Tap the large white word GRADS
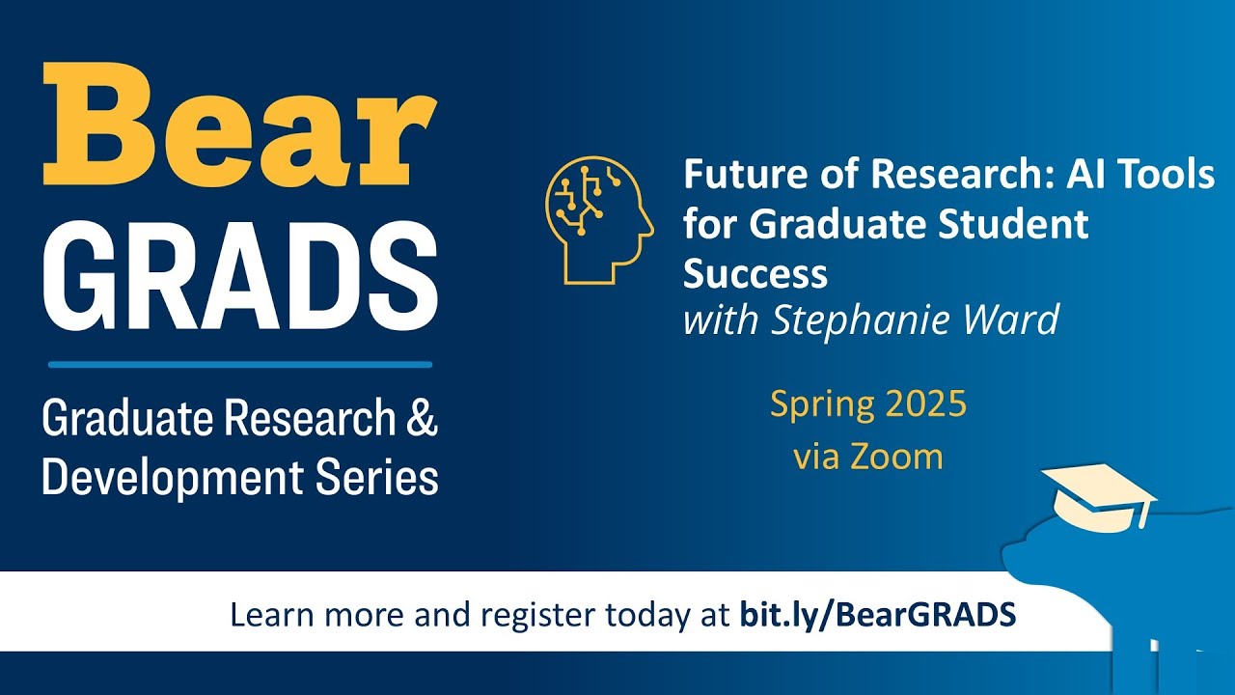click(x=240, y=273)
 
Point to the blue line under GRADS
click(x=240, y=365)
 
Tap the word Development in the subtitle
click(x=155, y=478)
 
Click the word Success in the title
click(x=755, y=274)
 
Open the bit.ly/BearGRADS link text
click(x=878, y=614)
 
